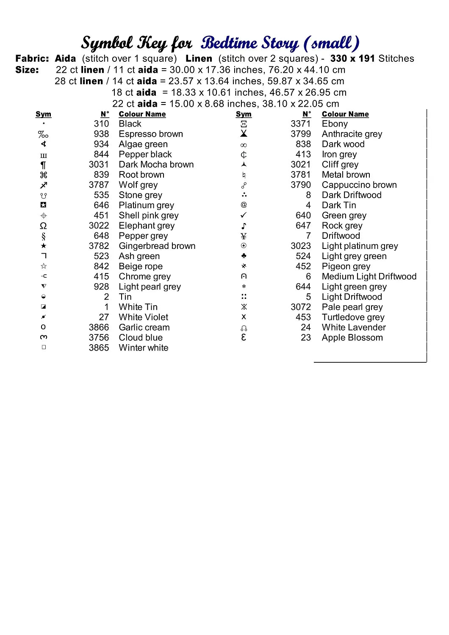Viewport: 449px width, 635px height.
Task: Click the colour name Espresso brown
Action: pos(151,134)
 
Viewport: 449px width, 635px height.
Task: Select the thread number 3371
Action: pos(300,124)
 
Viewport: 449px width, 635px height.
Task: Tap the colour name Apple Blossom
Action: pos(352,338)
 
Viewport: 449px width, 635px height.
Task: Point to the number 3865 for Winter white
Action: pos(99,348)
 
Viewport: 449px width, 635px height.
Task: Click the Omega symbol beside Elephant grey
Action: pos(43,226)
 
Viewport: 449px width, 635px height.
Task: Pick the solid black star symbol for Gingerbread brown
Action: pos(43,246)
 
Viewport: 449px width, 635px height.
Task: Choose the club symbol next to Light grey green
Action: pos(244,256)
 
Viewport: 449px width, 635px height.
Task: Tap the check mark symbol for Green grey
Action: pos(244,215)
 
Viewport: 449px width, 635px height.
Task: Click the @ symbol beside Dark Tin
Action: pos(244,205)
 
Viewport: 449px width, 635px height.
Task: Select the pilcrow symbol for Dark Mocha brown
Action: pos(43,165)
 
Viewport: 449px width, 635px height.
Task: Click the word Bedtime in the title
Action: pos(229,43)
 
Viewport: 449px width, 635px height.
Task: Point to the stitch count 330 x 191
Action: pos(353,59)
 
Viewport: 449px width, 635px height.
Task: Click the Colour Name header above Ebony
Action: pos(345,114)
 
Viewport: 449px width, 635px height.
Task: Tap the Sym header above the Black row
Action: pos(43,114)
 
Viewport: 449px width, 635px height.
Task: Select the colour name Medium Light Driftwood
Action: pos(369,277)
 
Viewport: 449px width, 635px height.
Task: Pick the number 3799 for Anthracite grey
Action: pos(300,134)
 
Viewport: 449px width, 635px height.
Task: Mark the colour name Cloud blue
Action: pos(141,338)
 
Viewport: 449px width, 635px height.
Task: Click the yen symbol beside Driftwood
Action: pos(244,236)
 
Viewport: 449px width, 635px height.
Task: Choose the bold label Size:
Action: pos(27,70)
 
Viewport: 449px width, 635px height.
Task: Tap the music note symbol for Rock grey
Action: pos(244,226)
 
